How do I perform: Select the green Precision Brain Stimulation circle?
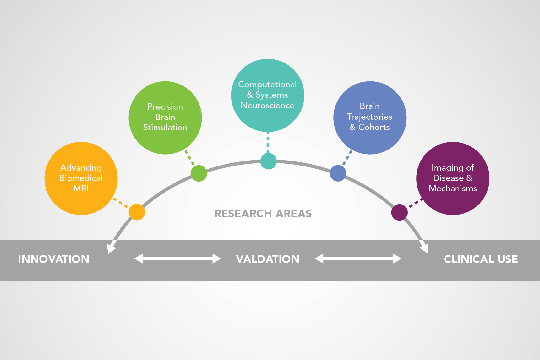[165, 117]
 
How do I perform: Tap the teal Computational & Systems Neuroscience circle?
[268, 95]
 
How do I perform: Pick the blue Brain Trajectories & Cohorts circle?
[370, 117]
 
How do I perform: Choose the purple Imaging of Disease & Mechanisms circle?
[453, 178]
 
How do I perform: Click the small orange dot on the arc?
[137, 212]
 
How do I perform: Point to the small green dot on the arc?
[199, 173]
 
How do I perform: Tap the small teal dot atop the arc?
[268, 161]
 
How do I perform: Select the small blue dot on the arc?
[338, 173]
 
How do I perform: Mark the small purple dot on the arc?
[399, 212]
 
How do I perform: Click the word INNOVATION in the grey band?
[54, 259]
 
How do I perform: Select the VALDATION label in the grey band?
[268, 259]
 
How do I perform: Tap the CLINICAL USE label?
[481, 259]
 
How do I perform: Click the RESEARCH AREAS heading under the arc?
[263, 214]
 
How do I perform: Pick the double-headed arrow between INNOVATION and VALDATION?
[177, 259]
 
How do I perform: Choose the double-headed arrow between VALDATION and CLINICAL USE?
[358, 259]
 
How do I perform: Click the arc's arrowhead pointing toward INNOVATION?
[111, 248]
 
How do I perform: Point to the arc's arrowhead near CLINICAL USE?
[425, 247]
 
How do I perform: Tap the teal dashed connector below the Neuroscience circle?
[268, 142]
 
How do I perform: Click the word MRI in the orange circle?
[81, 188]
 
